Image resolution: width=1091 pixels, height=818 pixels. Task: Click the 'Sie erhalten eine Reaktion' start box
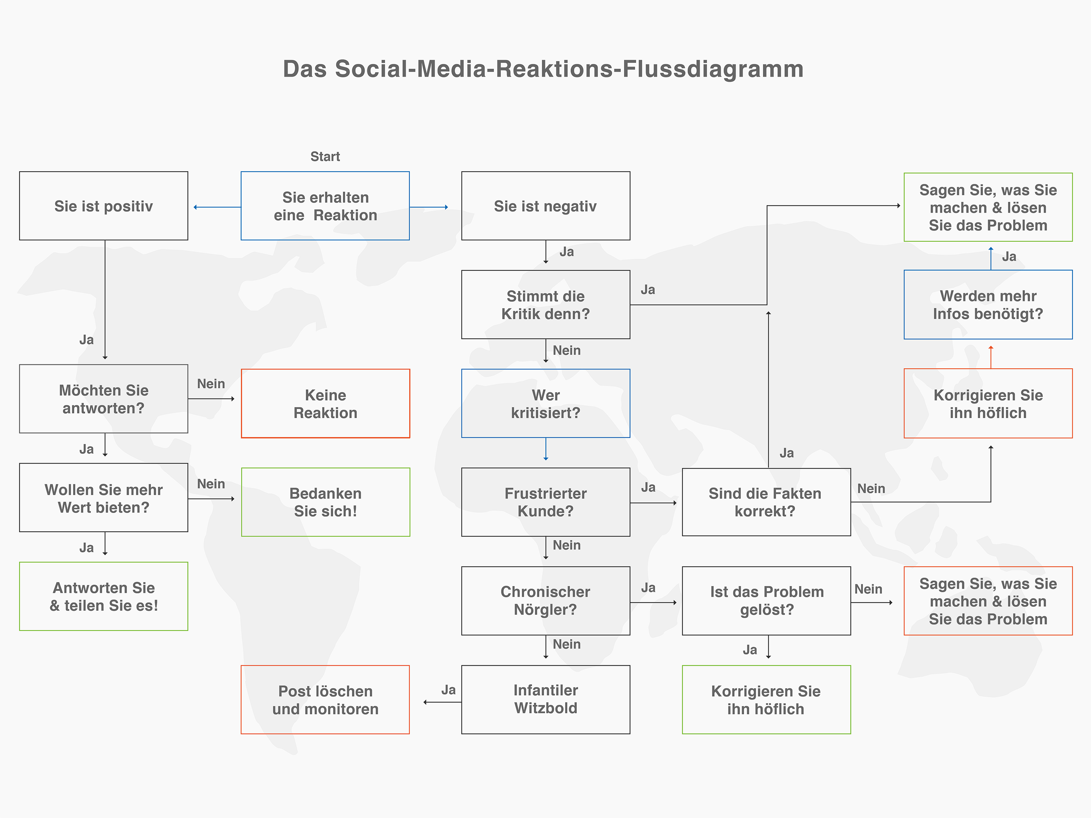pos(325,206)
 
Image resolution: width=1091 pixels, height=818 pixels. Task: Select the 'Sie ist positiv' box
pos(104,206)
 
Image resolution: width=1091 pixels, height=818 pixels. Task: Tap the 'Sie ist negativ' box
pos(545,206)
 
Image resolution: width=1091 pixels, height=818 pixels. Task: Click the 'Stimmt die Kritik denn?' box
pos(545,305)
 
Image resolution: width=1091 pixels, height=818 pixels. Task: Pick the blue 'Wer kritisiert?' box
pos(545,403)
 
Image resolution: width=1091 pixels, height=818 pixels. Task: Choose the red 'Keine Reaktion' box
pos(325,403)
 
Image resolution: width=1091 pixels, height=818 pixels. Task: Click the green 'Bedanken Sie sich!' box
pos(325,502)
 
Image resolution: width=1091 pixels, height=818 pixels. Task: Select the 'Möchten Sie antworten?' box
pos(104,399)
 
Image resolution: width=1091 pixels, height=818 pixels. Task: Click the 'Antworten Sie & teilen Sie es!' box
pos(104,596)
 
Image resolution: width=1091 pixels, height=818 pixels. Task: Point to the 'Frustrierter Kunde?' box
pos(545,502)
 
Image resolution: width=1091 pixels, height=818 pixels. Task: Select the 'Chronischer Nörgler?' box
pos(545,601)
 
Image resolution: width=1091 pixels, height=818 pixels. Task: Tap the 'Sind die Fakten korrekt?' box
pos(766,502)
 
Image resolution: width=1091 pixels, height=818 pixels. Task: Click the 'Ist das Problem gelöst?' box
pos(766,601)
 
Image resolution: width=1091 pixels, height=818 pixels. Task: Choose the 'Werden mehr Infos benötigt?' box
pos(988,305)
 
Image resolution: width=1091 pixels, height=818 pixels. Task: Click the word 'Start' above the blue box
pos(325,157)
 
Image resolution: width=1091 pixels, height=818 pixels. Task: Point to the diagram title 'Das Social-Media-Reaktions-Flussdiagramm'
pos(543,69)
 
